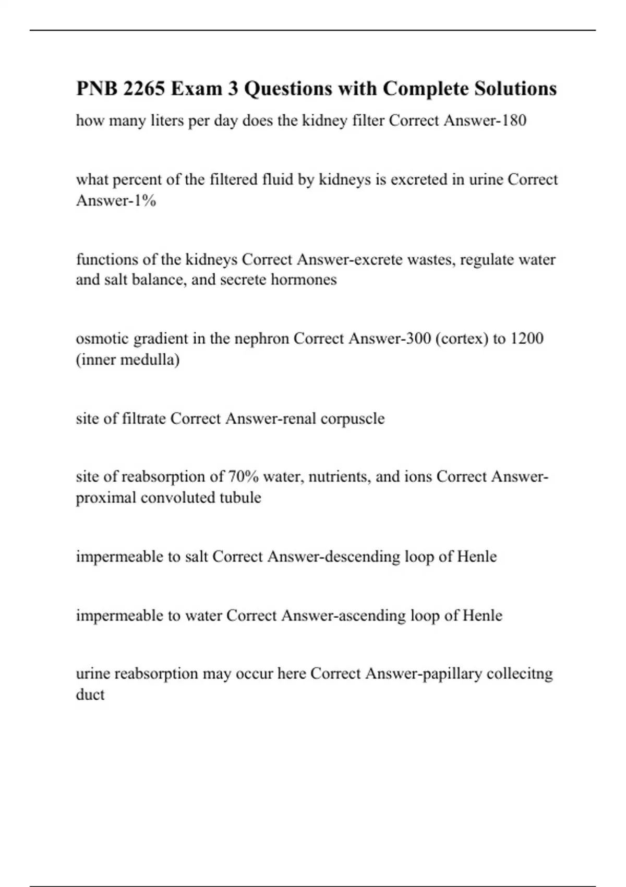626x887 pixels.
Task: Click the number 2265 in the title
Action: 144,89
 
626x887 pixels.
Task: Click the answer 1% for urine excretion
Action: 145,200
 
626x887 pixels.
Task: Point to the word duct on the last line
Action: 90,694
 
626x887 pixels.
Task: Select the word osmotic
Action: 103,339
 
